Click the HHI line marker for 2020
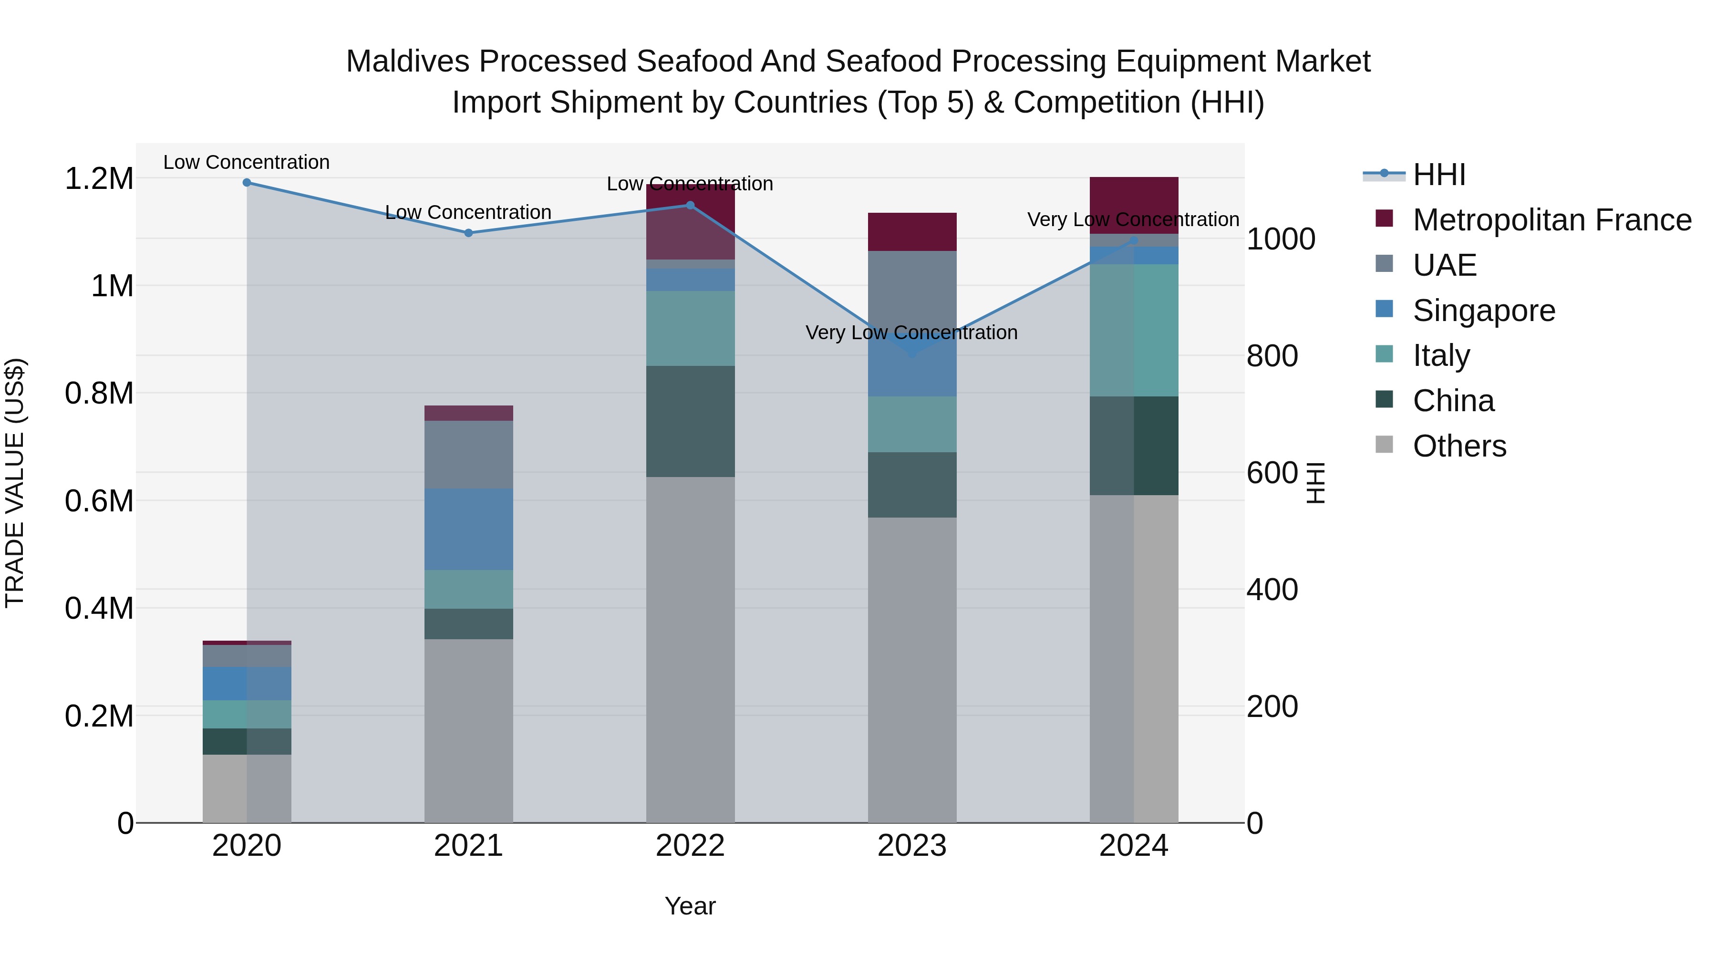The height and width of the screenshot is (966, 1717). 247,183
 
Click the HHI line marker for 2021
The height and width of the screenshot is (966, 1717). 468,233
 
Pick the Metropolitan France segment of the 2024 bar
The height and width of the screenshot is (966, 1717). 1134,205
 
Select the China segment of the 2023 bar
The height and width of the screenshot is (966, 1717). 912,485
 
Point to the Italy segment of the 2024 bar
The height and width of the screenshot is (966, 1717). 1134,330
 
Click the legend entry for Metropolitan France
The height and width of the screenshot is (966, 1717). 1552,220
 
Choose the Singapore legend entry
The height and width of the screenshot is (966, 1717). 1484,311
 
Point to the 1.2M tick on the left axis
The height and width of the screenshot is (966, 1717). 99,179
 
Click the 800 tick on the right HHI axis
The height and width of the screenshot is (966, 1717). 1272,356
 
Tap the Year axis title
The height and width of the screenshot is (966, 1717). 690,906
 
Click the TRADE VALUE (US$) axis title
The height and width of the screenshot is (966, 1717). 15,483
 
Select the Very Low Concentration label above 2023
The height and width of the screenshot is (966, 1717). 911,332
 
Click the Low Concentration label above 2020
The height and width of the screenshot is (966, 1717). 246,162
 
